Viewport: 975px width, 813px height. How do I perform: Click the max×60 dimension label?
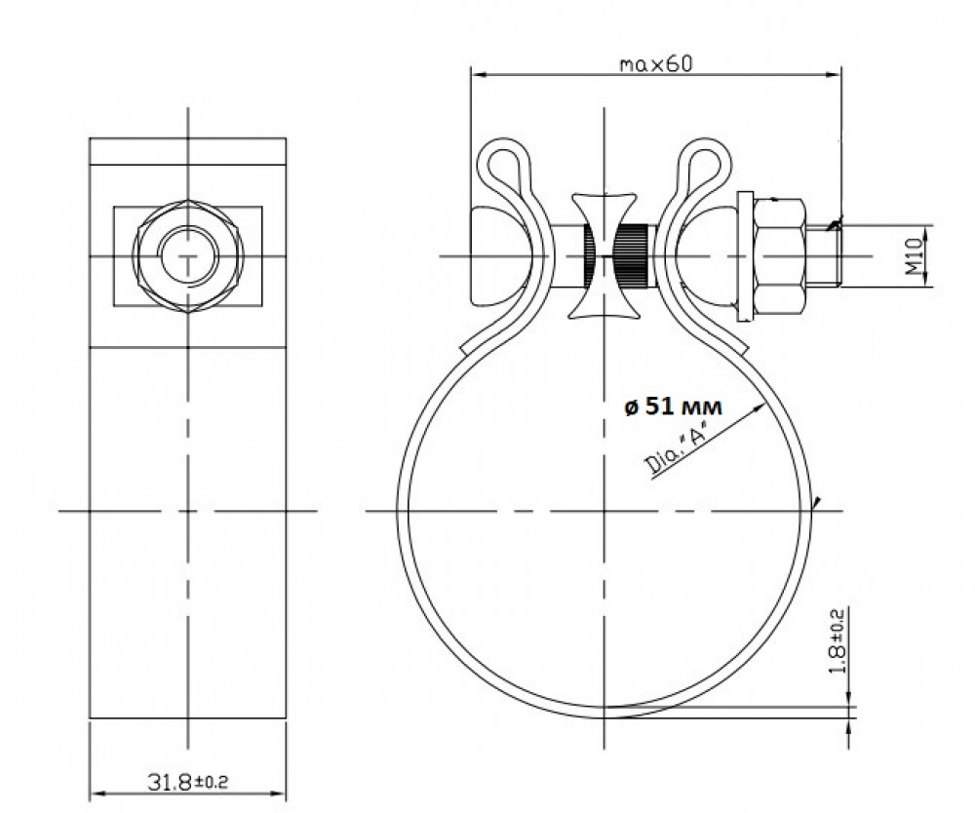(x=655, y=64)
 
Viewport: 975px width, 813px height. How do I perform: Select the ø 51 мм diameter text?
(x=673, y=406)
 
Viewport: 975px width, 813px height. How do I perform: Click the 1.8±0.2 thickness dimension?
(x=838, y=640)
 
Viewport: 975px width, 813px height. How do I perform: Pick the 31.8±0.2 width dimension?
(x=187, y=781)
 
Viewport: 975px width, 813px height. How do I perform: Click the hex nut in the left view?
(x=188, y=255)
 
